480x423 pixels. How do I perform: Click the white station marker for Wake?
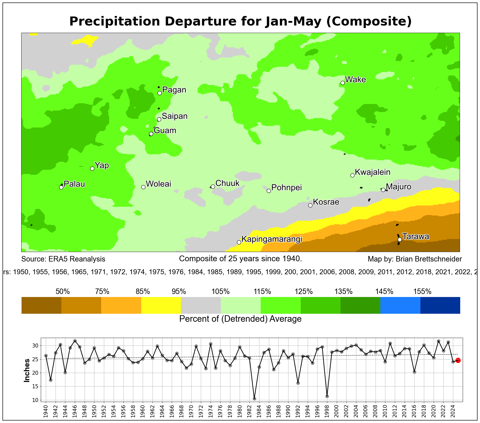pos(343,83)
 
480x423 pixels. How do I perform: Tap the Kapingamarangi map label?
pos(272,239)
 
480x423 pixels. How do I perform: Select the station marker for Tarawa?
pos(400,239)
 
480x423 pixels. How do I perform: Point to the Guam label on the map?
pos(165,130)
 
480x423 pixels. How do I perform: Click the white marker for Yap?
pos(92,168)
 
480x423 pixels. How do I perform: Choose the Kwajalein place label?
pos(373,172)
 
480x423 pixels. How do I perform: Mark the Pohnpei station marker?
pos(269,191)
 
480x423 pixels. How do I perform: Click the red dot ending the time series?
pos(458,360)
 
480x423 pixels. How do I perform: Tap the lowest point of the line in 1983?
pos(254,399)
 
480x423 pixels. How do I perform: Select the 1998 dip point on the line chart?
pos(327,396)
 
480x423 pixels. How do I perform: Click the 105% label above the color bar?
pos(221,291)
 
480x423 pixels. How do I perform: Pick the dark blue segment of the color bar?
pos(440,305)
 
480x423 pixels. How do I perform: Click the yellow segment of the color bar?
pos(161,305)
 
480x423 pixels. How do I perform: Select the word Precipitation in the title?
pos(114,21)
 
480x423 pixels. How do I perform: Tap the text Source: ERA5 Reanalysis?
pos(63,259)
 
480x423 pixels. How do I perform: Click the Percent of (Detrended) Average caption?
pos(240,319)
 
